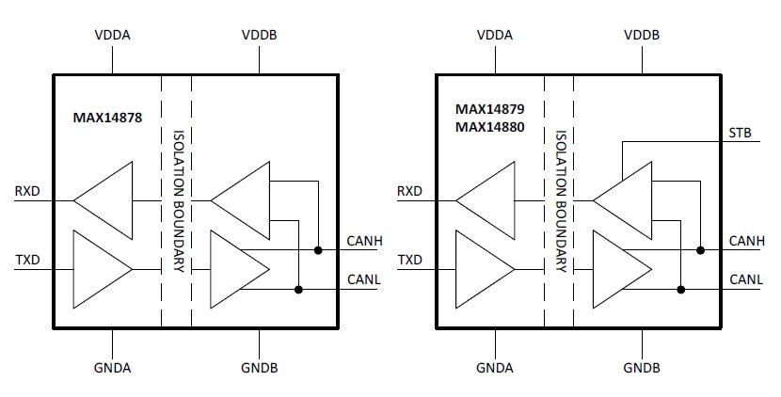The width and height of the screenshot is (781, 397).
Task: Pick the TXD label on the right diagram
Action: (409, 259)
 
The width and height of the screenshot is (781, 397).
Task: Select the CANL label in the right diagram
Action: (745, 279)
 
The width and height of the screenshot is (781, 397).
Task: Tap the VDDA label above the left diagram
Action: (114, 35)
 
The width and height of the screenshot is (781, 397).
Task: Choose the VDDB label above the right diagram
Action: (643, 35)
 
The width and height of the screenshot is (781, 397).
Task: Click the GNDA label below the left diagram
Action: (114, 366)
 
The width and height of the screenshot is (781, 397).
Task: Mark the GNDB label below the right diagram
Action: (643, 366)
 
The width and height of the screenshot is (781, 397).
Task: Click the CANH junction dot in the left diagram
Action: (319, 250)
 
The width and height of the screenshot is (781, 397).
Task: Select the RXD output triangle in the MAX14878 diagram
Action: (107, 199)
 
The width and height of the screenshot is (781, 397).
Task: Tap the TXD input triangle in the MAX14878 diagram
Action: (102, 269)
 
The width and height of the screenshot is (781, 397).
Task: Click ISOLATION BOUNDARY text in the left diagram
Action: (177, 200)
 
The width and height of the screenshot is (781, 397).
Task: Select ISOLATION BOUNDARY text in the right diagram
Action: (559, 200)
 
